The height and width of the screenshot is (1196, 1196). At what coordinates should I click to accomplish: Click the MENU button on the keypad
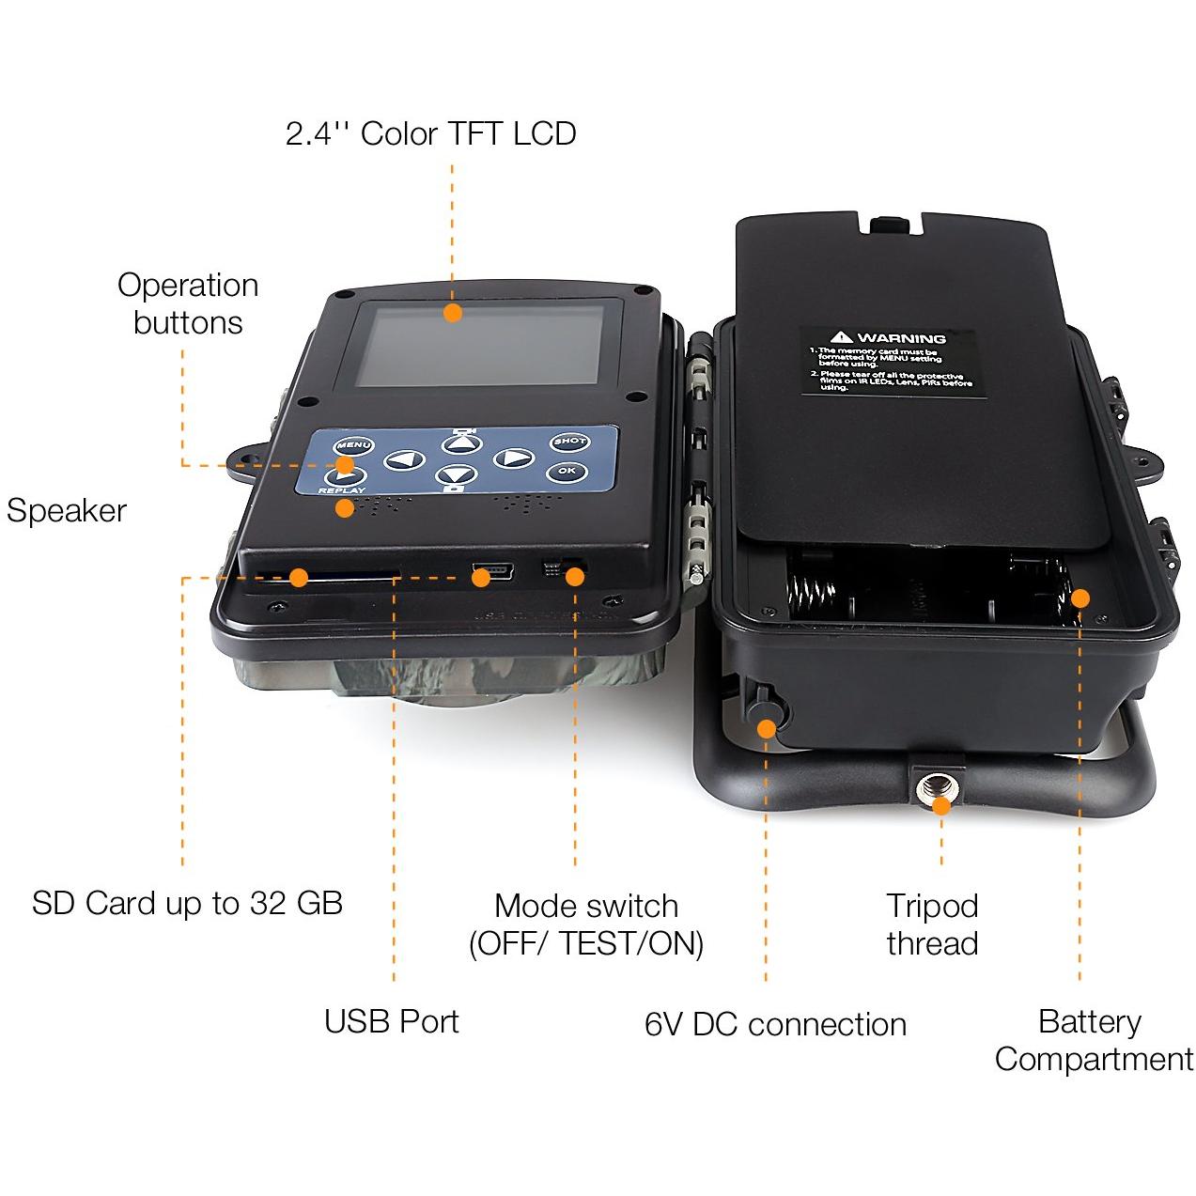click(353, 445)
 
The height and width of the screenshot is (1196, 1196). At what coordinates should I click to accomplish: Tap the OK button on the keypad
click(567, 472)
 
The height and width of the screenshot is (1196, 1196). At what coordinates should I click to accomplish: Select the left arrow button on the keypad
click(404, 460)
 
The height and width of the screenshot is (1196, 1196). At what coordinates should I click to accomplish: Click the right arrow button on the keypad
click(513, 458)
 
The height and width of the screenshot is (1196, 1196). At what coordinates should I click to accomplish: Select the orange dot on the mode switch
click(575, 576)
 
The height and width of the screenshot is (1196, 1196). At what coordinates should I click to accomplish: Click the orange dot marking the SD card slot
click(299, 578)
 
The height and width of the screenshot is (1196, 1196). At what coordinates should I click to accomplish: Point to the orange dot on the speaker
click(345, 508)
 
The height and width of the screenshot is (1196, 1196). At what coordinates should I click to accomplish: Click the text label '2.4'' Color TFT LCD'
click(430, 134)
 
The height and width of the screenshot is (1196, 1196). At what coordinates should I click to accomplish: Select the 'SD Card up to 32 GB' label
click(187, 903)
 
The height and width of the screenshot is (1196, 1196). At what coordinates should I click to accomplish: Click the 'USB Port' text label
click(391, 1021)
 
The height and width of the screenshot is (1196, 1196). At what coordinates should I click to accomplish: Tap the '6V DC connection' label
click(775, 1024)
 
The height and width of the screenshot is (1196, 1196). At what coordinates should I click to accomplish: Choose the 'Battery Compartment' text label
click(1093, 1040)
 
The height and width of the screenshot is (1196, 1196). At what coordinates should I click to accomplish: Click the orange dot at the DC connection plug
click(768, 728)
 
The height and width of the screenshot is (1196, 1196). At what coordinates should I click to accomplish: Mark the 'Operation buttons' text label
click(188, 303)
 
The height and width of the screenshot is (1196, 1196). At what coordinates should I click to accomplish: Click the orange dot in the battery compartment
click(1080, 598)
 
